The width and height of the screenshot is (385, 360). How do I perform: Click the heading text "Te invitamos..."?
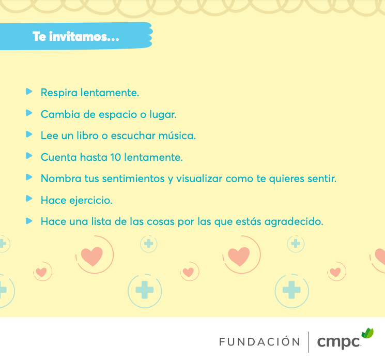click(x=75, y=37)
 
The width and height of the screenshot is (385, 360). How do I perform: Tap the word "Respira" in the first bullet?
click(x=59, y=93)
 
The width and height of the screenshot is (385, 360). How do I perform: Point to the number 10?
click(x=115, y=157)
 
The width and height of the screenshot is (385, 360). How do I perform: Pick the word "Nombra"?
click(x=61, y=178)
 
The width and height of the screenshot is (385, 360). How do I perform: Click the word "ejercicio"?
click(x=91, y=201)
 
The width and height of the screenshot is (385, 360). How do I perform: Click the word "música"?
click(x=177, y=136)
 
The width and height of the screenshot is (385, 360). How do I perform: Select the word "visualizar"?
click(x=199, y=178)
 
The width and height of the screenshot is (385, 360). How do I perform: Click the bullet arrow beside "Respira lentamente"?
click(x=29, y=92)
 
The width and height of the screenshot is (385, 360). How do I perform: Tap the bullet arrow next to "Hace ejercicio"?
click(x=29, y=198)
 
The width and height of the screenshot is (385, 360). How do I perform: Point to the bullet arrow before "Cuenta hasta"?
click(x=29, y=156)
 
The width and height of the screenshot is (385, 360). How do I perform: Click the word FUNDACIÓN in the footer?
click(x=259, y=341)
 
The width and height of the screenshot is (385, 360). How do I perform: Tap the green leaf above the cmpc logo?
click(x=367, y=333)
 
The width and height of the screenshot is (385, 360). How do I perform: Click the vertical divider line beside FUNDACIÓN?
click(x=309, y=342)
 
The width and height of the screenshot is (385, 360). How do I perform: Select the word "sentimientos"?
click(x=133, y=178)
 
